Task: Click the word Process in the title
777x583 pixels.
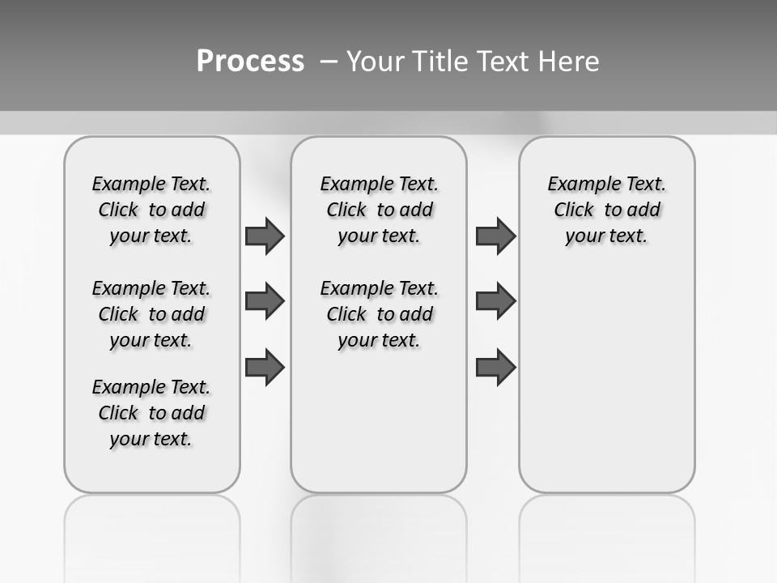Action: pos(250,62)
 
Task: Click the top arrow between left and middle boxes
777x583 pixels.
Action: pos(265,236)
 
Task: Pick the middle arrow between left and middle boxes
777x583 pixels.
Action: pos(265,301)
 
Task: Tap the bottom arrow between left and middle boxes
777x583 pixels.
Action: pos(265,368)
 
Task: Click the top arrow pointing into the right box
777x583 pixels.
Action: pos(495,236)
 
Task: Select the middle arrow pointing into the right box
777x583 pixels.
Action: pos(495,301)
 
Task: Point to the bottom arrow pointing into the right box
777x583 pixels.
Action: pos(495,368)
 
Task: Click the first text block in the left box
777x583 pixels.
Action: pos(151,210)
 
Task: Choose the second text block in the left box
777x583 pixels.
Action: pos(151,314)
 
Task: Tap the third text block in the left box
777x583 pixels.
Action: pos(151,413)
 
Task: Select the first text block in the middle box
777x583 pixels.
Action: pos(379,210)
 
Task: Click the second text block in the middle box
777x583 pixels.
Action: pos(379,314)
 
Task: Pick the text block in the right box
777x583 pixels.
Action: pos(606,210)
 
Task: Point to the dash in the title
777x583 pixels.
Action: pos(329,62)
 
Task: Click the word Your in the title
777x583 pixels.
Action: pos(376,62)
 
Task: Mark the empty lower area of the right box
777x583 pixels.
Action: pos(606,381)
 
